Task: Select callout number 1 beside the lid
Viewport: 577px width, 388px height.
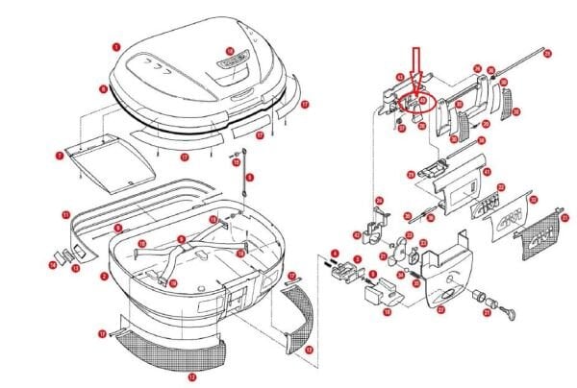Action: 115,45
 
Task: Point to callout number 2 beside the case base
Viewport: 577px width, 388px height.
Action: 104,276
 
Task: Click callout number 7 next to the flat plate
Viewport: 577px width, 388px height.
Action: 60,154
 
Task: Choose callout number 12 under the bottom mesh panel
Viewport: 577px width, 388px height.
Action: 191,376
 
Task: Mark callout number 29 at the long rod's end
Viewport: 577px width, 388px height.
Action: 546,54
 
